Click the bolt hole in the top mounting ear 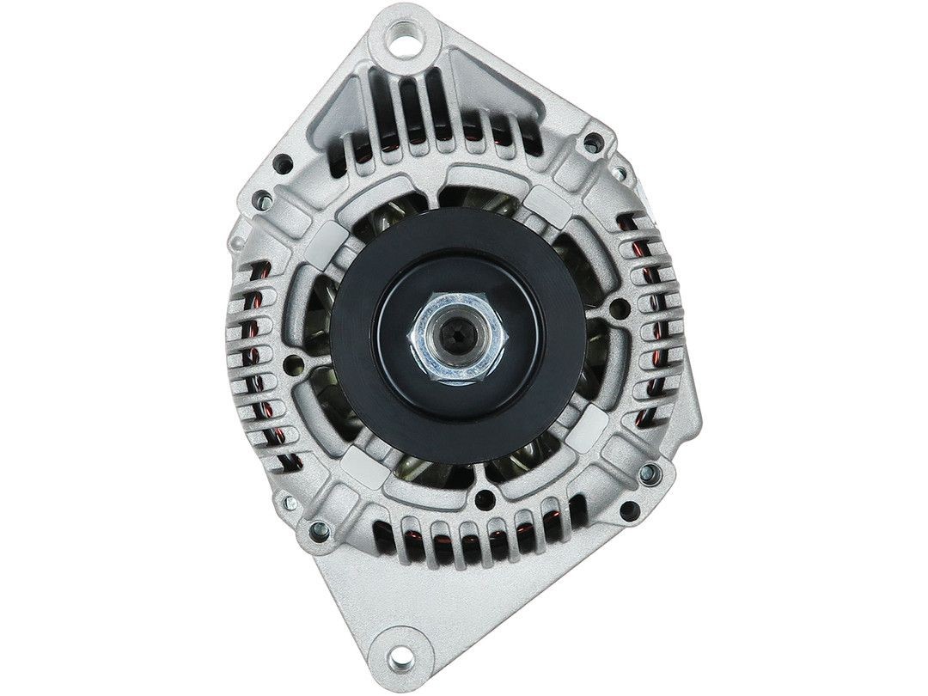(x=405, y=39)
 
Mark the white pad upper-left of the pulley (x=330, y=242)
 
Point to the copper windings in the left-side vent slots (x=253, y=361)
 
